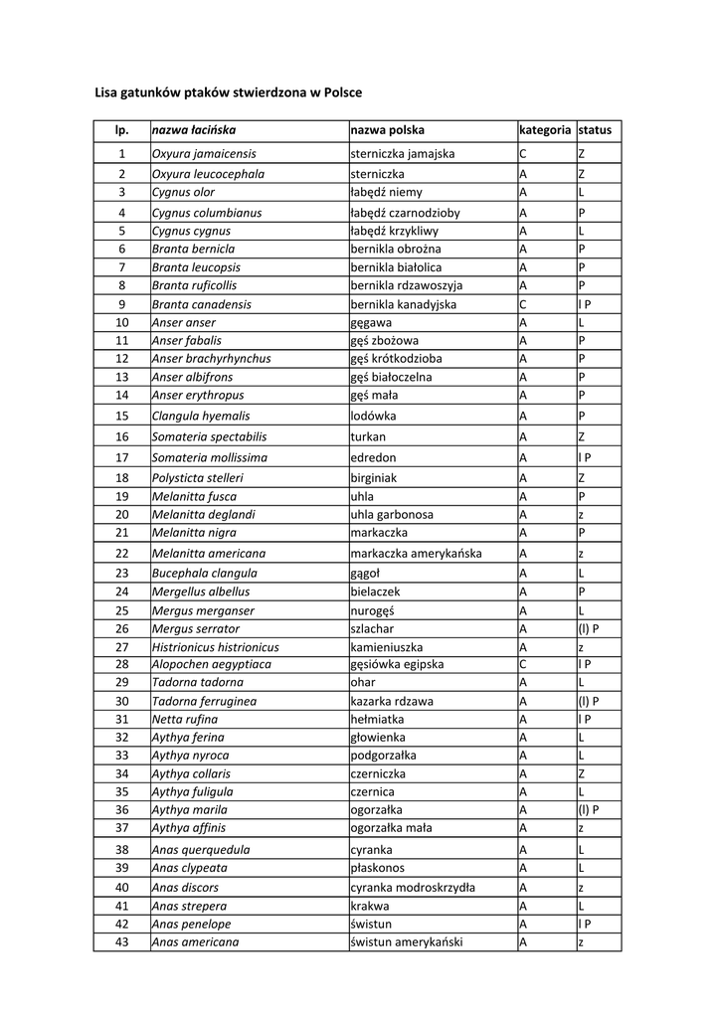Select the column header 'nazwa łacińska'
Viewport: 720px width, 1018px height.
pyautogui.click(x=193, y=130)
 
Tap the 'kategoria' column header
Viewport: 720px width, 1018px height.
pyautogui.click(x=545, y=130)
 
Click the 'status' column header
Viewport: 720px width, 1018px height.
pyautogui.click(x=595, y=130)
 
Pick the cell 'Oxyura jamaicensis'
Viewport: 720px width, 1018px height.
pyautogui.click(x=204, y=154)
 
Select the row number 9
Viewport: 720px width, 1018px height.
pyautogui.click(x=121, y=304)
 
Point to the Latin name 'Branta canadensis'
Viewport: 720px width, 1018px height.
pyautogui.click(x=202, y=304)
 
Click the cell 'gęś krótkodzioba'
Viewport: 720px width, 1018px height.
pyautogui.click(x=397, y=358)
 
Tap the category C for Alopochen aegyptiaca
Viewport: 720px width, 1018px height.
pyautogui.click(x=522, y=663)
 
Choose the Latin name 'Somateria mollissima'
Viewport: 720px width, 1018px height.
pyautogui.click(x=209, y=457)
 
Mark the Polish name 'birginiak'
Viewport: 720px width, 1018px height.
pyautogui.click(x=374, y=478)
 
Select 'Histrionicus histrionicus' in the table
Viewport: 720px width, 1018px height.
pyautogui.click(x=215, y=646)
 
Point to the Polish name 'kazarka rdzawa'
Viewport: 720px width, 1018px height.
pyautogui.click(x=392, y=701)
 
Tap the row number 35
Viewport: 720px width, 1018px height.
pyautogui.click(x=122, y=792)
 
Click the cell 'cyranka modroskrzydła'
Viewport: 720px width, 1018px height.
pyautogui.click(x=413, y=888)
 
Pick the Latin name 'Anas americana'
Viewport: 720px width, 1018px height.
pyautogui.click(x=195, y=942)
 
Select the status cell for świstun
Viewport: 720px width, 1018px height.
pyautogui.click(x=585, y=925)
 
